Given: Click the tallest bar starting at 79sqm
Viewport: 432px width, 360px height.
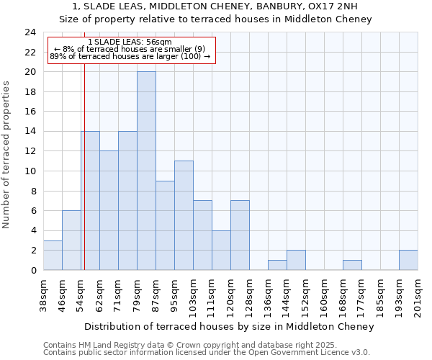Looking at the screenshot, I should (x=146, y=171).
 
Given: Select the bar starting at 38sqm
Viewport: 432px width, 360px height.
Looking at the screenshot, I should (x=53, y=255).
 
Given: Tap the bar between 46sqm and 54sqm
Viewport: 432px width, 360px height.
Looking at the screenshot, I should (x=71, y=240).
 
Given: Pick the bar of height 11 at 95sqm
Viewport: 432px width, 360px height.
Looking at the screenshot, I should (x=184, y=215).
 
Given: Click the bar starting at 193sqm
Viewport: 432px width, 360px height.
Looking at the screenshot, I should (x=408, y=260).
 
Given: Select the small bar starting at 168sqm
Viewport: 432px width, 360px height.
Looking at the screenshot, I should (x=352, y=265).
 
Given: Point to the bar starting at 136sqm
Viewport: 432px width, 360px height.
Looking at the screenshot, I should (x=277, y=265).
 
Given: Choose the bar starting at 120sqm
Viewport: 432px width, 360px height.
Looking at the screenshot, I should (x=240, y=235).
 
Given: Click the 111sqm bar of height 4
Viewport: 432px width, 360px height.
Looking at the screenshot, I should (x=221, y=250).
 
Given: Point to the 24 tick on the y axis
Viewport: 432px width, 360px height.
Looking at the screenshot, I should (x=30, y=32).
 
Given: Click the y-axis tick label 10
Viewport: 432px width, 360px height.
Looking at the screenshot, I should (x=30, y=171).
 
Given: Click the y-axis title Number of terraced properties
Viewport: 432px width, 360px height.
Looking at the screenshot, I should (x=6, y=155).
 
